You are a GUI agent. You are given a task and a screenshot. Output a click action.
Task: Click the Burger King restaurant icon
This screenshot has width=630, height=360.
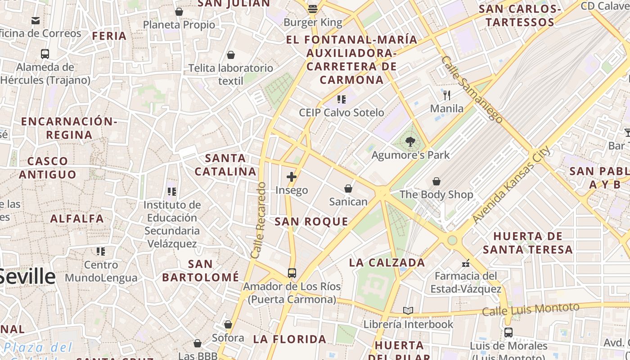313,9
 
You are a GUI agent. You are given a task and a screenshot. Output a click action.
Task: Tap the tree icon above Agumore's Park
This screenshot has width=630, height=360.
410,142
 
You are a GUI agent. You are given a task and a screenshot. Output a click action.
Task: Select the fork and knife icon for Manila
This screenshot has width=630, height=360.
446,95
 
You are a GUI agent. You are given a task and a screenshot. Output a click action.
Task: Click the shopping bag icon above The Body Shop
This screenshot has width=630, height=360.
436,181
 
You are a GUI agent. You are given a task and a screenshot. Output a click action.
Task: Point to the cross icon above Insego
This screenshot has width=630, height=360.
292,177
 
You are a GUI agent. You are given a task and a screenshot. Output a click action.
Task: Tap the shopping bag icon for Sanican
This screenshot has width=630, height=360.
348,188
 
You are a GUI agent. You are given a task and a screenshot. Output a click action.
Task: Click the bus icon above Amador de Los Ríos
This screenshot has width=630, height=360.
292,273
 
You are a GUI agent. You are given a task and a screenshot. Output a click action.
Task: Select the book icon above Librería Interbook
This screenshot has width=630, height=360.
408,311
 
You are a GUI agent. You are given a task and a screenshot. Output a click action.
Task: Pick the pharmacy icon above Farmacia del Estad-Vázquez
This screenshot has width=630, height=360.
466,263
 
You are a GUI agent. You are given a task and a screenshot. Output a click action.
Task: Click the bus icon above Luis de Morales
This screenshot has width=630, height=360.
508,333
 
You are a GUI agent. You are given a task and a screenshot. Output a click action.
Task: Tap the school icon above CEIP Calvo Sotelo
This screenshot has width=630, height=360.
342,99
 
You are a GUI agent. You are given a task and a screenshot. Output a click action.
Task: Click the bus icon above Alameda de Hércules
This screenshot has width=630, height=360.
45,54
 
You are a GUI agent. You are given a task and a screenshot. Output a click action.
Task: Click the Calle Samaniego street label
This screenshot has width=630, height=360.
472,90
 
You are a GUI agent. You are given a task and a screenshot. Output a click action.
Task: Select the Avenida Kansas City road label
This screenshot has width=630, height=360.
511,184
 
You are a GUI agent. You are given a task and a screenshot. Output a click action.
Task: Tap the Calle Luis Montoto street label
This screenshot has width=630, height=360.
531,309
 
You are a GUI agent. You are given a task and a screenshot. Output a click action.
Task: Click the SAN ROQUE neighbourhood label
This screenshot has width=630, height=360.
311,221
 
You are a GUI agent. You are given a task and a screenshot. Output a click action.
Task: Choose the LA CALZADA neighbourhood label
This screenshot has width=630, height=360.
387,262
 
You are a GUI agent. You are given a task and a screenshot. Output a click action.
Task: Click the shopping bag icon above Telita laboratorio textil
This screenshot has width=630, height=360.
231,55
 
